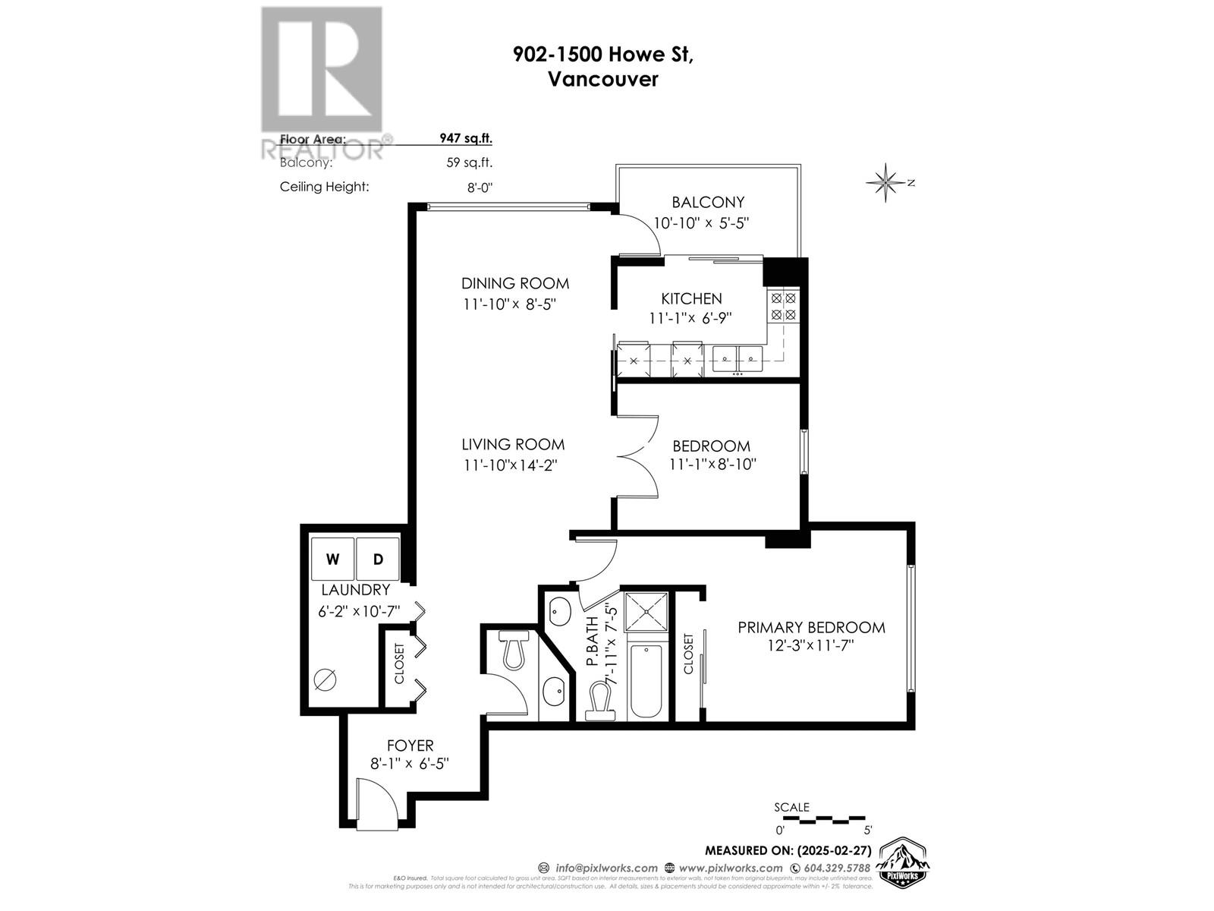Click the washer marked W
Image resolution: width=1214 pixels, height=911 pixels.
click(x=332, y=560)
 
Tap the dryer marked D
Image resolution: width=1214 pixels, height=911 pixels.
click(x=378, y=560)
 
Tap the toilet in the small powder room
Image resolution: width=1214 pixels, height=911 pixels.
click(x=514, y=651)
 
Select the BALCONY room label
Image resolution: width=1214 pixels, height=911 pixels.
click(x=708, y=203)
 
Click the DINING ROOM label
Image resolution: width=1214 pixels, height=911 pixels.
click(x=515, y=284)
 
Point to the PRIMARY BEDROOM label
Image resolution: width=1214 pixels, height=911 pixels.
click(x=811, y=628)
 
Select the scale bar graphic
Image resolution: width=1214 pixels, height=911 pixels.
click(x=823, y=820)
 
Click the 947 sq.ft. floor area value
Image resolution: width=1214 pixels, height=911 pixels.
click(x=466, y=139)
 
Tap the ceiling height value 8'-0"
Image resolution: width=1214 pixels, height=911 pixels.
click(x=480, y=187)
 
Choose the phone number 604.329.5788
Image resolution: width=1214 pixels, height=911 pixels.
click(x=830, y=868)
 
